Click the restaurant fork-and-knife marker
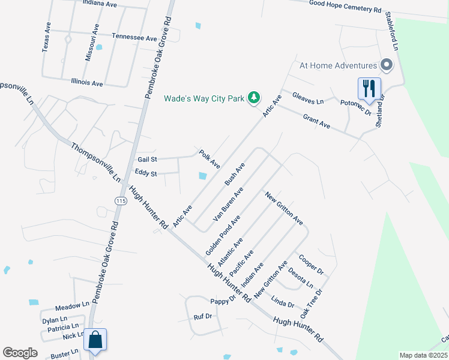pos(368,89)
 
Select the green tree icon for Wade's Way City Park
pos(255,97)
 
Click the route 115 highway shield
pos(122,200)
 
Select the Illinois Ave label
pos(87,82)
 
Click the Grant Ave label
pos(317,121)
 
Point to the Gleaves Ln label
pos(307,98)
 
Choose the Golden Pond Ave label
pos(222,235)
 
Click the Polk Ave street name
pos(210,158)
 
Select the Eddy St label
pos(146,173)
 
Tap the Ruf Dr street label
pos(203,316)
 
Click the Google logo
pos(20,353)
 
